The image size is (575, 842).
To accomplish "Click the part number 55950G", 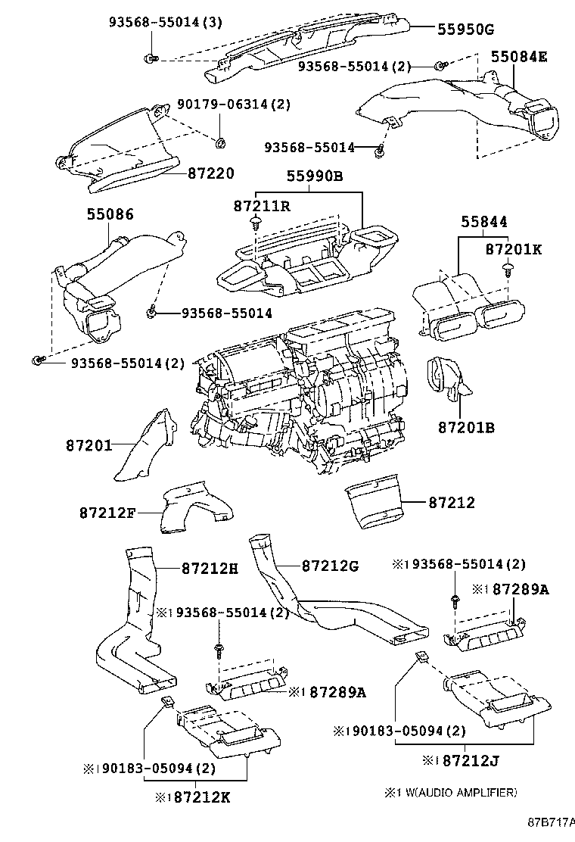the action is click(x=465, y=29).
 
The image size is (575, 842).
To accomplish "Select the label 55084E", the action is click(x=519, y=56).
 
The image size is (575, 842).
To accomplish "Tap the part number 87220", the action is click(x=211, y=173).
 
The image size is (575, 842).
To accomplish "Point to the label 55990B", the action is click(x=314, y=176).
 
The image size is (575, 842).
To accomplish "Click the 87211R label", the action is click(x=261, y=206).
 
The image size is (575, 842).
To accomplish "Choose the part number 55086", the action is click(x=110, y=214).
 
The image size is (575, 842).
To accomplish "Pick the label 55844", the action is click(x=483, y=222).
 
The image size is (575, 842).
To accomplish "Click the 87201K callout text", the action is click(x=513, y=249).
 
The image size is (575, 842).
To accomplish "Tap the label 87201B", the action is click(x=467, y=428).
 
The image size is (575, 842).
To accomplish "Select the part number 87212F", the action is click(x=107, y=513).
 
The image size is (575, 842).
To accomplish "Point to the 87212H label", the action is click(x=210, y=568).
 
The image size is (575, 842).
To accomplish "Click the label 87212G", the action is click(x=330, y=566).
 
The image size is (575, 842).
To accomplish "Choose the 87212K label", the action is click(x=202, y=797).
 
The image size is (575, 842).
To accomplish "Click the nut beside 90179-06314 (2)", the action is click(x=220, y=143).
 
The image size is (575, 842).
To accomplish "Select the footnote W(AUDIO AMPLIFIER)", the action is click(x=458, y=792).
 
